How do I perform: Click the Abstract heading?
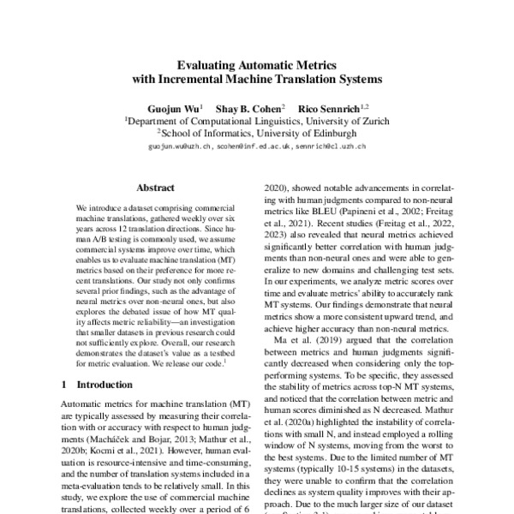tap(155, 185)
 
